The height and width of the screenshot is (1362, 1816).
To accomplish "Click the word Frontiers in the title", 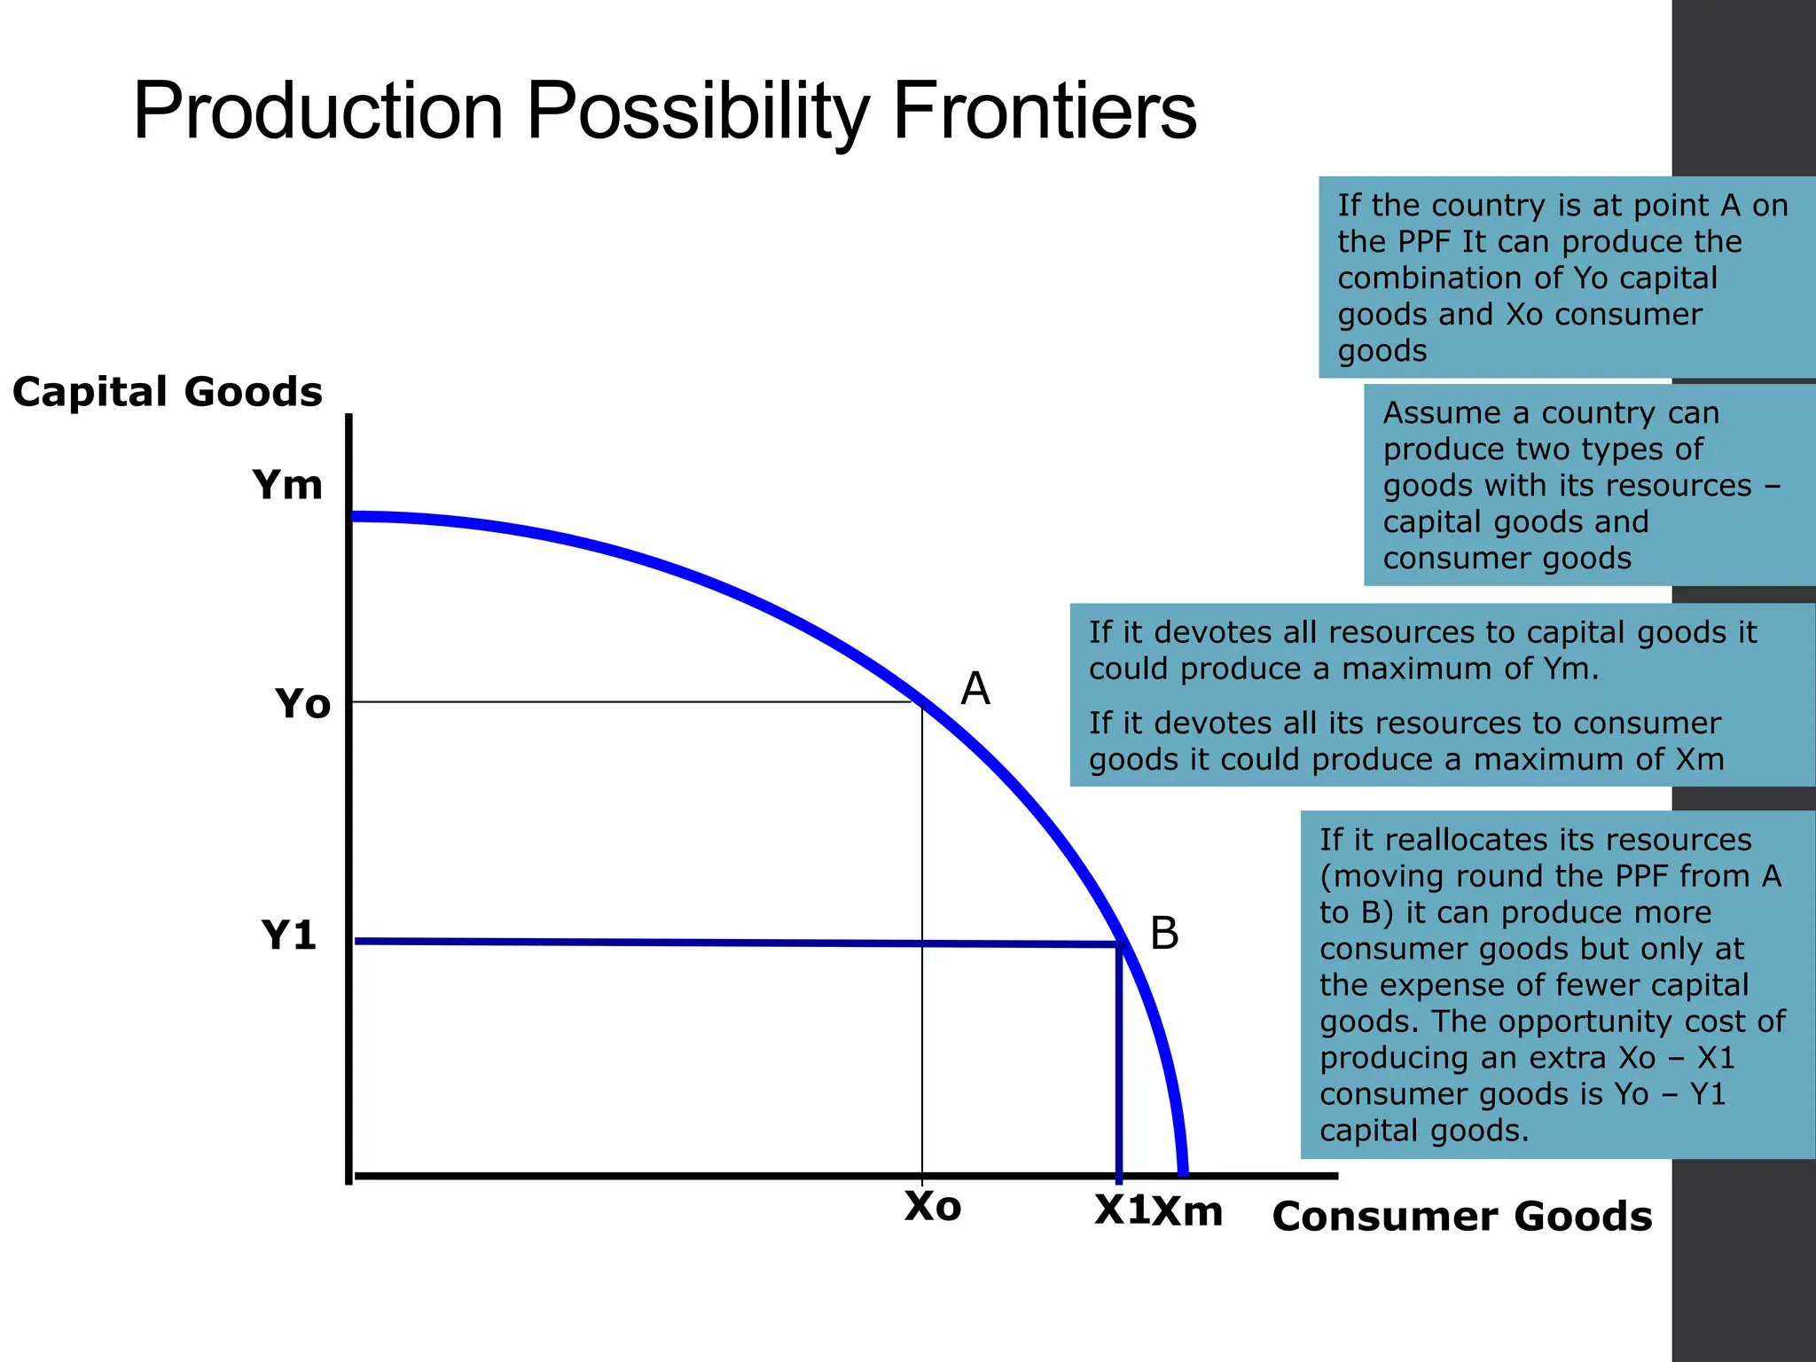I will (x=1045, y=112).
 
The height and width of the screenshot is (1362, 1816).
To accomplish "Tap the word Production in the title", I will (x=318, y=112).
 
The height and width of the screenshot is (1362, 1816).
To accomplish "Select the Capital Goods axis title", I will (x=168, y=392).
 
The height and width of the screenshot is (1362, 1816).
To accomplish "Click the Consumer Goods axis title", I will (x=1462, y=1216).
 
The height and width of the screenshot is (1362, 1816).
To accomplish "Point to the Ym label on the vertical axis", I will (x=287, y=485).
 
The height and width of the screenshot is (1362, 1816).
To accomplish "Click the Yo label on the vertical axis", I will (x=302, y=704).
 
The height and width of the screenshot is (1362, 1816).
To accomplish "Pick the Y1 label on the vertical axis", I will (x=289, y=935).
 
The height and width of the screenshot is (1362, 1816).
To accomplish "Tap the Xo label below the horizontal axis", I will (x=933, y=1207).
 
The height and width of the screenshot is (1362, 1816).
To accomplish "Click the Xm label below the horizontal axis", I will (x=1188, y=1211).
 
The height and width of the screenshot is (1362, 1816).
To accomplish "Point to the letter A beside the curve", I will (x=975, y=688).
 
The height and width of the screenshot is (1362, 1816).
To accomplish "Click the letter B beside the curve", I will (x=1164, y=934).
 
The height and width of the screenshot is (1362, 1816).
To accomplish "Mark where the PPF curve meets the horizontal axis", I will (x=1183, y=1172).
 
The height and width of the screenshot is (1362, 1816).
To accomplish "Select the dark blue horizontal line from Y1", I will (x=709, y=943).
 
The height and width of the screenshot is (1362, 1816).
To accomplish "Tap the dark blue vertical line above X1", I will (x=1119, y=1064).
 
